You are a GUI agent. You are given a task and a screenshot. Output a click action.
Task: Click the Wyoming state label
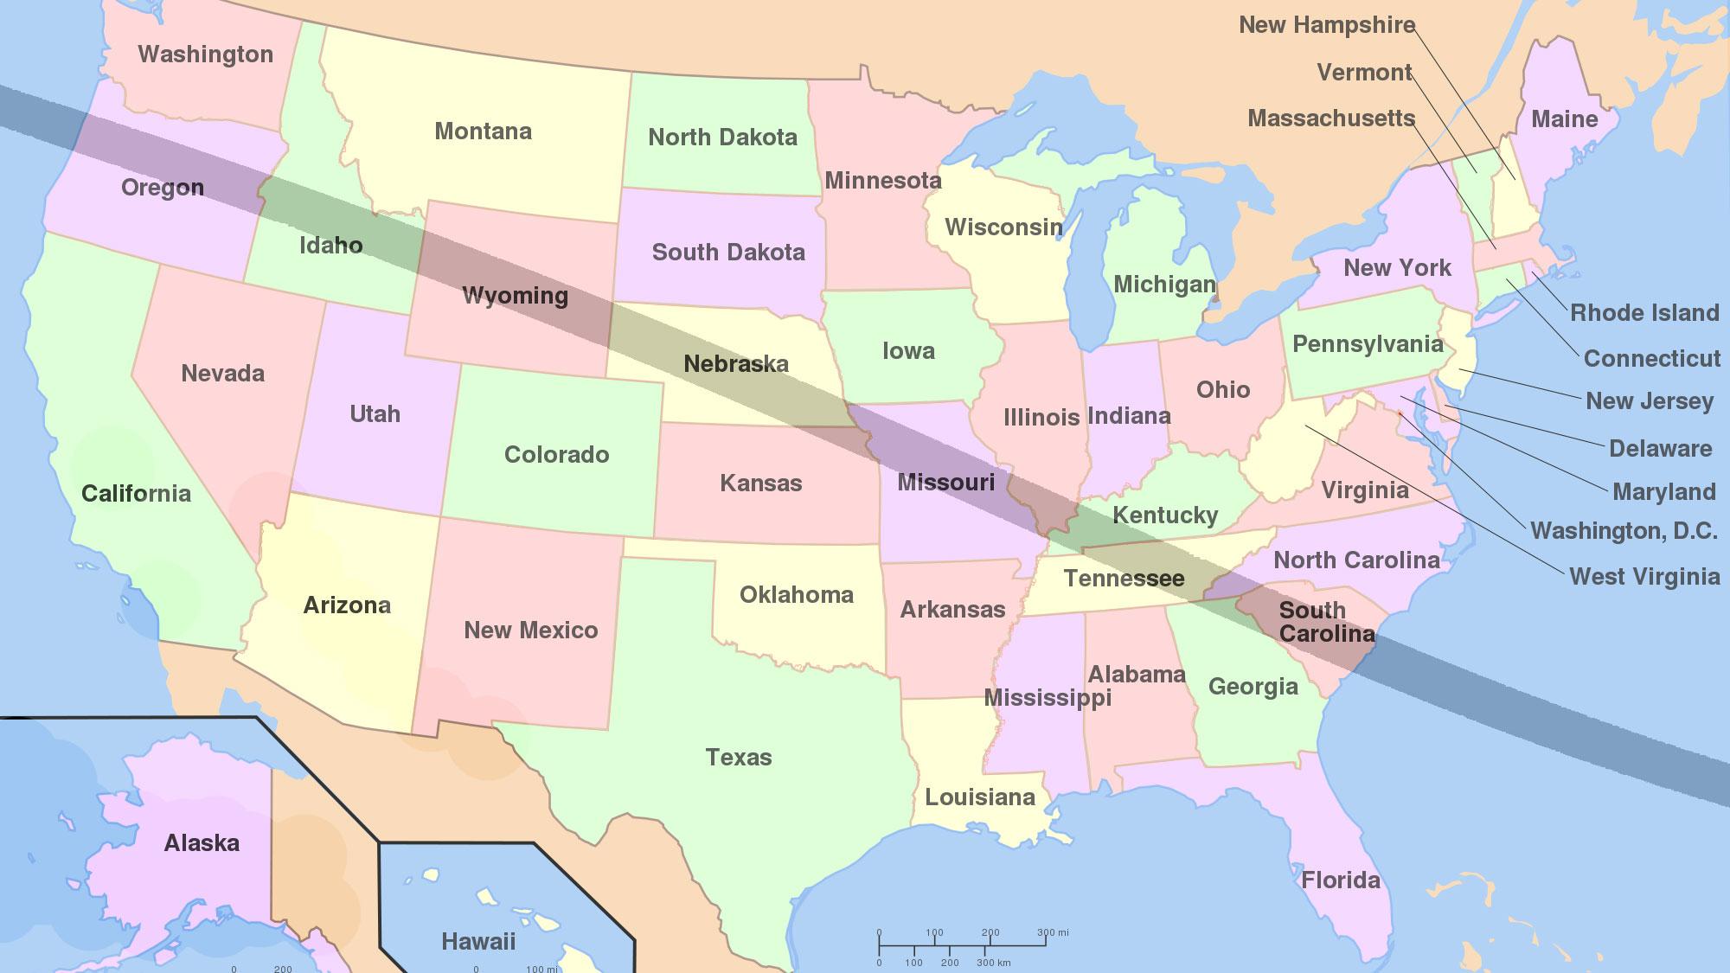pos(515,296)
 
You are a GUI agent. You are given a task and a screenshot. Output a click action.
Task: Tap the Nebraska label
pos(736,364)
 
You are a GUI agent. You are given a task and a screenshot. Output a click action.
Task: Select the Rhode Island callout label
pos(1644,313)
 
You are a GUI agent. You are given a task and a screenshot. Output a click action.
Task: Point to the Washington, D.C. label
pos(1624,530)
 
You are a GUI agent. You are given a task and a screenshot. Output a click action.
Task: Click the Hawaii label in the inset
pos(478,941)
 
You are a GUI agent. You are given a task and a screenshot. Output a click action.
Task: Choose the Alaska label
pos(202,843)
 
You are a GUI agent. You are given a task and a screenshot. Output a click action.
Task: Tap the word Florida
pos(1341,880)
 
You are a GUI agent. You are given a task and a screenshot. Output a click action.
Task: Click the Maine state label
pos(1564,119)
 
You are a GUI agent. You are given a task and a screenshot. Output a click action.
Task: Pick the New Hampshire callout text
pos(1326,25)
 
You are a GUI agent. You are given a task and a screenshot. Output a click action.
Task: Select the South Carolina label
pos(1326,622)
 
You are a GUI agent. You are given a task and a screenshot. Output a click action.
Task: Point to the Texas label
pos(738,758)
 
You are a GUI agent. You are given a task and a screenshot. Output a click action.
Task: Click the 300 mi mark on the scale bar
pos(1053,933)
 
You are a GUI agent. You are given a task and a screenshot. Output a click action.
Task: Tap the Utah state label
pos(375,414)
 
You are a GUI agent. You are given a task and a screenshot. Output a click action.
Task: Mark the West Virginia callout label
pos(1644,577)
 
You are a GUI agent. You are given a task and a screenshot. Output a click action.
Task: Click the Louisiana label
pos(979,797)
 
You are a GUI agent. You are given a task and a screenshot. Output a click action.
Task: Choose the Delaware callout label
pos(1660,449)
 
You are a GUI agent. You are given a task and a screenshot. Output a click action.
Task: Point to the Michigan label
pos(1164,285)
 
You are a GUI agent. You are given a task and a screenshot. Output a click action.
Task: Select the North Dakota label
pos(722,138)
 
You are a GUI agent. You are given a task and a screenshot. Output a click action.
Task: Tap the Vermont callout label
pos(1364,73)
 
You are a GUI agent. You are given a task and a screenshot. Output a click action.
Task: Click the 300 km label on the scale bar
pos(993,963)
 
